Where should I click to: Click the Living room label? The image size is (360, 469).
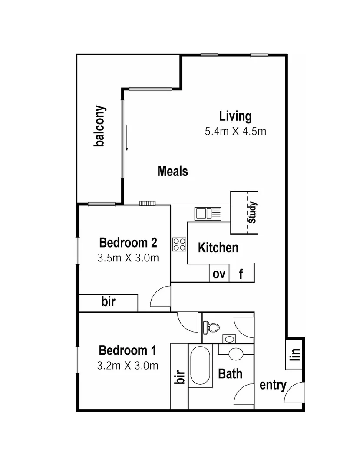point(235,116)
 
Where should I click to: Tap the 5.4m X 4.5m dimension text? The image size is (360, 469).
point(235,131)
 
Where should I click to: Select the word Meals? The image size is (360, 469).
point(172,171)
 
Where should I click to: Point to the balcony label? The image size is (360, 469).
point(100,126)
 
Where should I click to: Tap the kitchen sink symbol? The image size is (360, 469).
point(208,213)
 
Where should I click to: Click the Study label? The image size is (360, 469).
point(253,212)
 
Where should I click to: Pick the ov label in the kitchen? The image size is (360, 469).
point(219,274)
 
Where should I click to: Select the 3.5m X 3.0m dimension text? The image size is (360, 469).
point(128,258)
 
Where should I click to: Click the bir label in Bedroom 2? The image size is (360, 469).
point(109,301)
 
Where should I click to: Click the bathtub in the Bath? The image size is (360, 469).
point(200,365)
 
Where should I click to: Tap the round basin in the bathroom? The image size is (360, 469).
point(236,353)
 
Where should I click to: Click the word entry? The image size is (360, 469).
point(273,385)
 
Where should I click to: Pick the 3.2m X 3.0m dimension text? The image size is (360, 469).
point(128,366)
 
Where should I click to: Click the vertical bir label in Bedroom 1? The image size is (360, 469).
point(179,377)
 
